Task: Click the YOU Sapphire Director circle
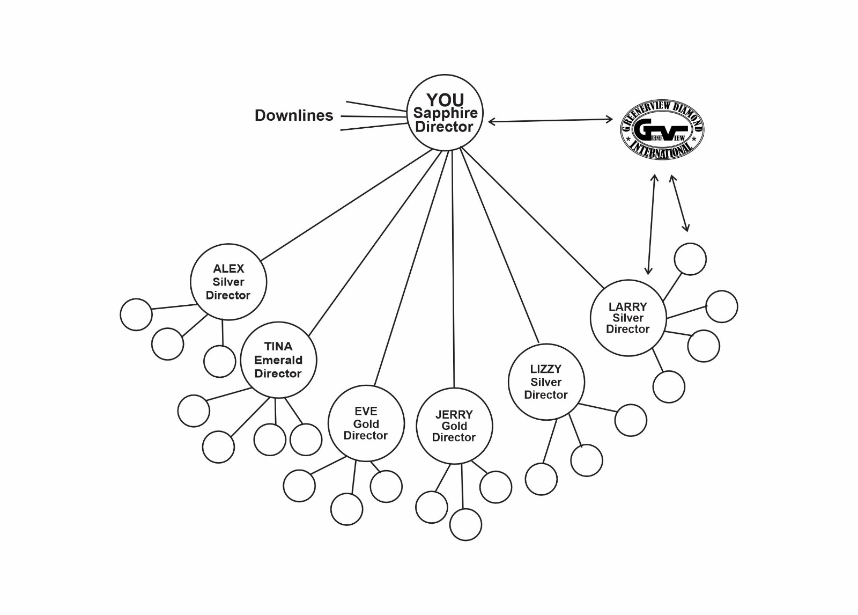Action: click(445, 113)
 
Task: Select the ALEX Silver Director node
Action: click(228, 282)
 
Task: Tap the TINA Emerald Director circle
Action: click(278, 360)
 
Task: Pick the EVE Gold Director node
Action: click(366, 423)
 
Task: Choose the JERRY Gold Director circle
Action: click(454, 426)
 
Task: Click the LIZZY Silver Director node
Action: click(546, 382)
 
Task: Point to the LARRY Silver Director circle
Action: click(628, 318)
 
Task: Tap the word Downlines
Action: click(294, 115)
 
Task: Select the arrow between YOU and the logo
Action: click(550, 121)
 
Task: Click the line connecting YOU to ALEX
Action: click(346, 205)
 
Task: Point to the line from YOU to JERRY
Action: click(453, 268)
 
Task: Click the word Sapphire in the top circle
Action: click(445, 113)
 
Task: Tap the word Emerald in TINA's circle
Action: click(278, 360)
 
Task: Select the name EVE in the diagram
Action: click(366, 411)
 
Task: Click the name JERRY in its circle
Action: click(454, 415)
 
